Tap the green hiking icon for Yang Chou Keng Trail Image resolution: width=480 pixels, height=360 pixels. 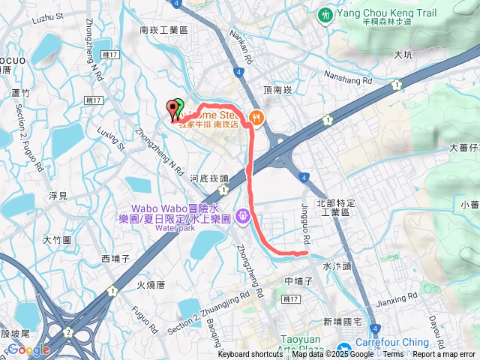(x=325, y=14)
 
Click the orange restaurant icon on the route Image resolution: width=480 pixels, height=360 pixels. (x=256, y=116)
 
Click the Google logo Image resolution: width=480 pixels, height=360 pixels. (x=28, y=349)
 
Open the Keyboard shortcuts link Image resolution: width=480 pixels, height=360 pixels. (x=251, y=355)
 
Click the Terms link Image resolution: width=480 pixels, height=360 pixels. (x=392, y=355)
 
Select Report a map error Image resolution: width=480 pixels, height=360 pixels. (x=445, y=355)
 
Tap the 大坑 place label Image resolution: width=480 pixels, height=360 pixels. (x=402, y=55)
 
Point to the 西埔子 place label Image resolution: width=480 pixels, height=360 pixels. (x=115, y=259)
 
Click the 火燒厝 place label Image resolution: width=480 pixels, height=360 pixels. (x=151, y=285)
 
